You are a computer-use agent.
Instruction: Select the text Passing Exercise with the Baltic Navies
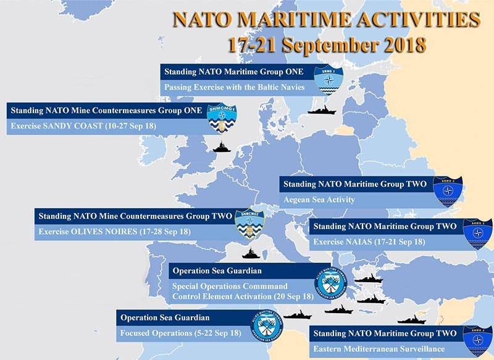point(235,87)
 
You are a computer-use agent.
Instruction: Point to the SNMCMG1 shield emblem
point(221,117)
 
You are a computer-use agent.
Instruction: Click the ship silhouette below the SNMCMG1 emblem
point(221,147)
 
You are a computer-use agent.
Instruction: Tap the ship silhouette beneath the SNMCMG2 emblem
point(251,253)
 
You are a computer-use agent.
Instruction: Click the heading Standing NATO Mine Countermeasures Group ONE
point(106,111)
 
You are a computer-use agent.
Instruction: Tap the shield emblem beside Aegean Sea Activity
point(447,191)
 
